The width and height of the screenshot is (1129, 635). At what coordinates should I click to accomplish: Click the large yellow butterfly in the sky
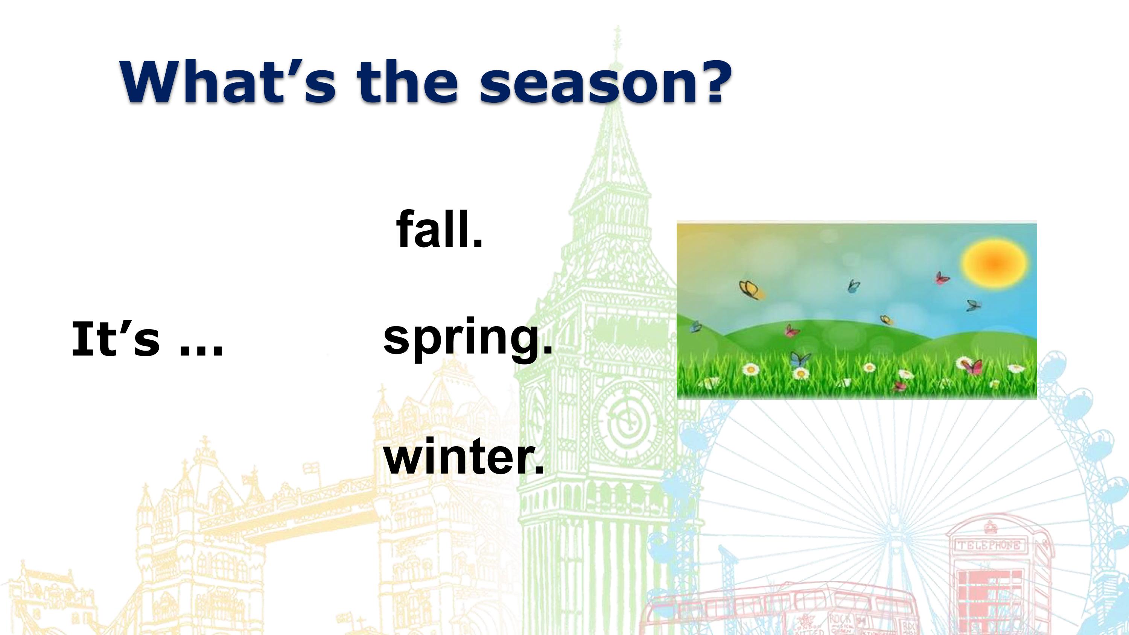(x=751, y=290)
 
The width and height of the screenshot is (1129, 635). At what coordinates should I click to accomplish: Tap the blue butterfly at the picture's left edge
(x=695, y=327)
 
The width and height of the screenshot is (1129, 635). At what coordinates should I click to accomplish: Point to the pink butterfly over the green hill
(x=791, y=330)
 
